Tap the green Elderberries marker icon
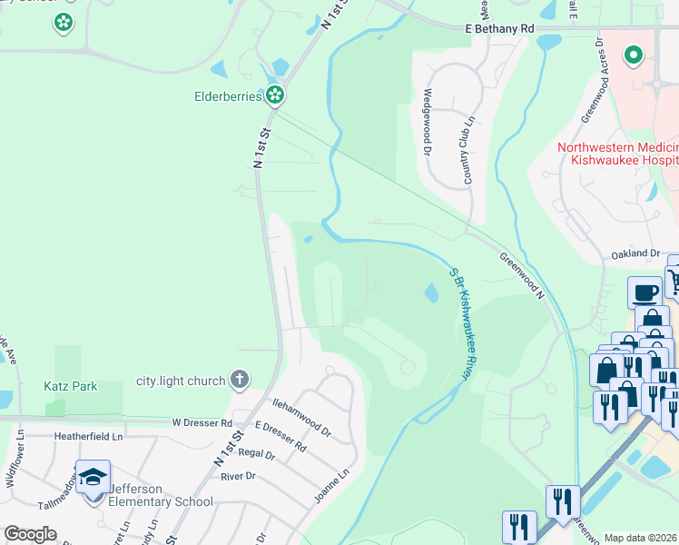(275, 94)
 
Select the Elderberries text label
(228, 94)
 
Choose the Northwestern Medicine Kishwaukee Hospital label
(618, 154)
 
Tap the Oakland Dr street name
(634, 254)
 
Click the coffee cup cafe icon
(645, 292)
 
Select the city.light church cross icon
(239, 379)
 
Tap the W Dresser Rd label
(202, 422)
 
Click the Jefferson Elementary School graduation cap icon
(93, 477)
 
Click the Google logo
(30, 534)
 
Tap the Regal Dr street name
(255, 453)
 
